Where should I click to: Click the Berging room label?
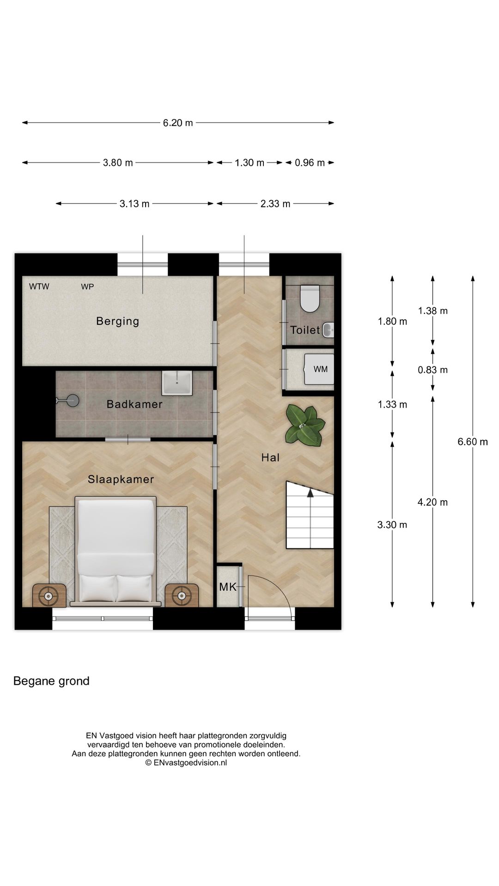tap(117, 321)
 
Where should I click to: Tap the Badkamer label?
tap(134, 404)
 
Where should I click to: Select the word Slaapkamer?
tap(121, 479)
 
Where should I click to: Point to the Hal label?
tap(270, 457)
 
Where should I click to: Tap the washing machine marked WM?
tap(319, 369)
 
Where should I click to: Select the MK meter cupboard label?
tap(228, 587)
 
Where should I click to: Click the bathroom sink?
tap(177, 383)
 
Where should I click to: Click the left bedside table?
tap(49, 596)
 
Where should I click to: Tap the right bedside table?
tap(182, 596)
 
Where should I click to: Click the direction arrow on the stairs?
tap(310, 494)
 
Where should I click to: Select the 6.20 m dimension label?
tap(178, 123)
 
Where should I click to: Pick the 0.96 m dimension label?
tap(310, 162)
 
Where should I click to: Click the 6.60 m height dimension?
tap(473, 442)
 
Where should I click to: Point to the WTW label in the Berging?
tap(39, 287)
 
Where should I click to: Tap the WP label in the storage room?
tap(87, 287)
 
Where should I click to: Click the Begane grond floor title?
tap(51, 681)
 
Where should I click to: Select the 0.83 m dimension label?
tap(433, 370)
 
